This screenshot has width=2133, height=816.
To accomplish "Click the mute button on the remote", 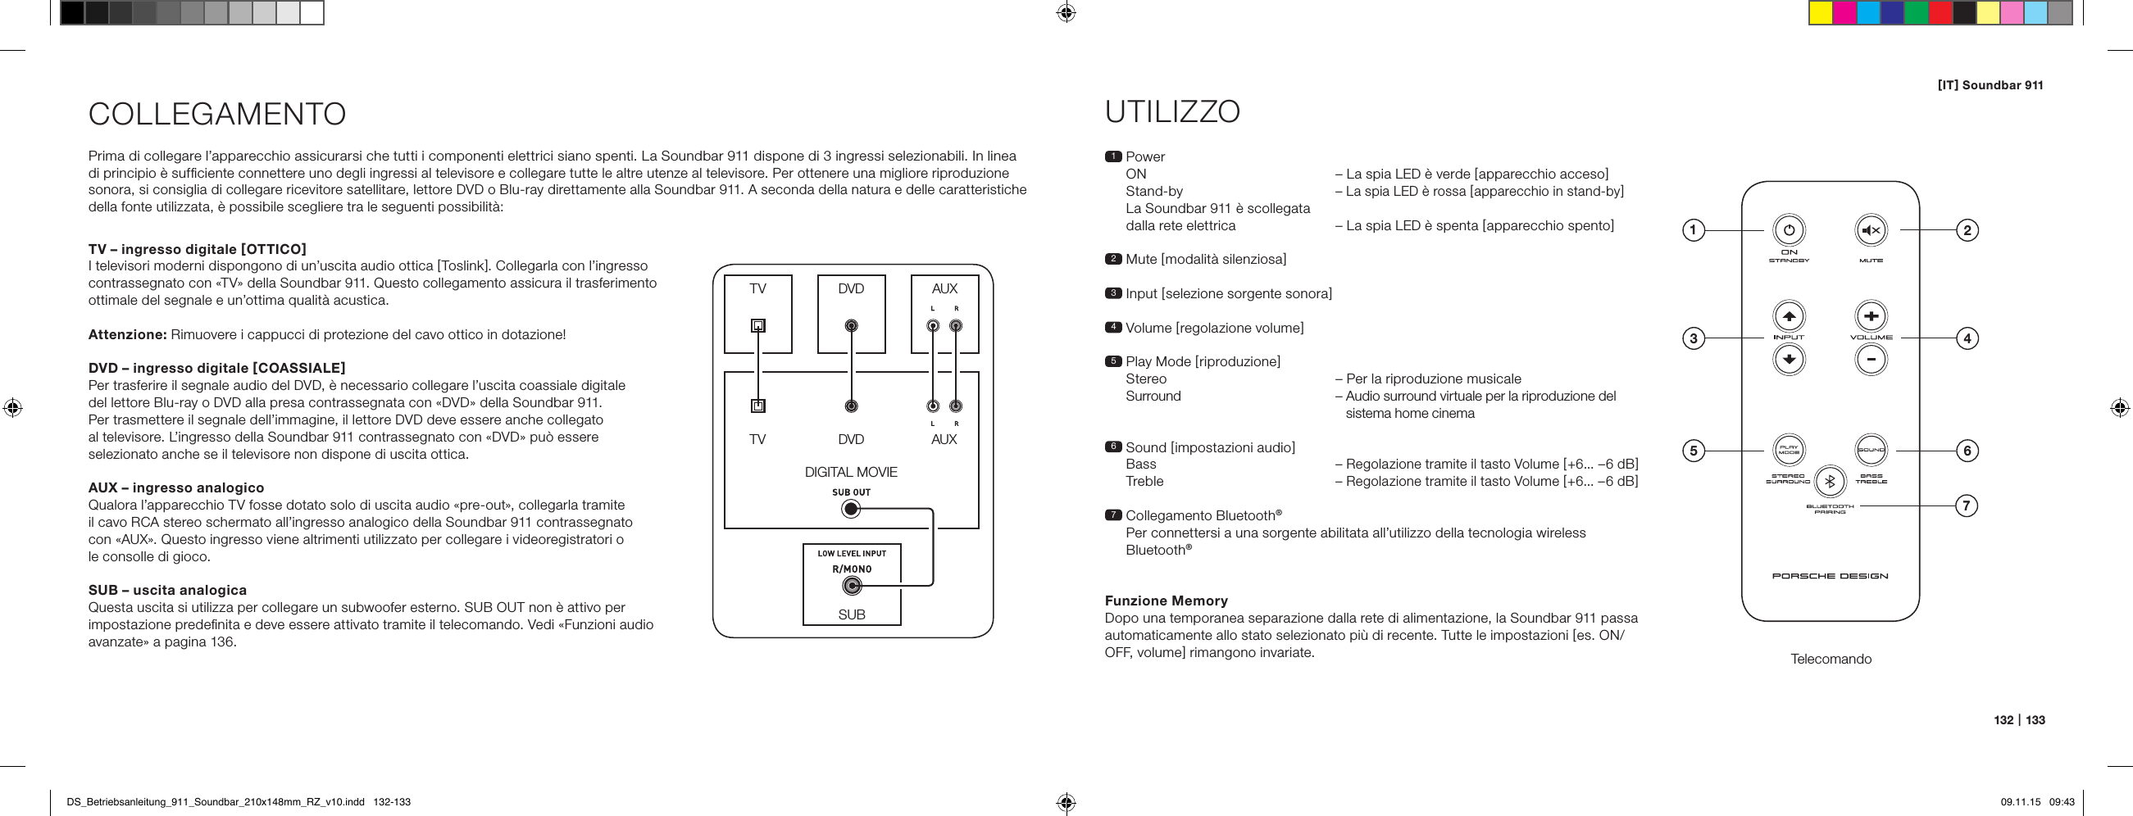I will point(1871,231).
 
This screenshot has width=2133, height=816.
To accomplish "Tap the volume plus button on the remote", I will point(1871,316).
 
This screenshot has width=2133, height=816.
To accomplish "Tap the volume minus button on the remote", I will point(1871,359).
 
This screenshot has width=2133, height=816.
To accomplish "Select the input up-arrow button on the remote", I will point(1789,316).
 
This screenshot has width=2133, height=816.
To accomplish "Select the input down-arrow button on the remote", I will point(1789,359).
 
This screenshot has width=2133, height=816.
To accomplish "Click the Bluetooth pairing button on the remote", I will point(1831,481).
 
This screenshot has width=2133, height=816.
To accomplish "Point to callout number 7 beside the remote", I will point(1967,505).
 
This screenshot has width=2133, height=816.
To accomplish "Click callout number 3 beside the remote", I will point(1694,338).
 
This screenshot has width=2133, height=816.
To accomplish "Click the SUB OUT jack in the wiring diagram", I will point(850,509).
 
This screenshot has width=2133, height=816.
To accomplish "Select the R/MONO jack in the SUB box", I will point(850,587).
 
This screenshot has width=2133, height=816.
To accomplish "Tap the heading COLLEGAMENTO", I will point(217,114).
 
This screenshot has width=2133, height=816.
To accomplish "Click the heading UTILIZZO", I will point(1172,111).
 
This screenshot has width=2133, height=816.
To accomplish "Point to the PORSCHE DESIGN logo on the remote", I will point(1830,576).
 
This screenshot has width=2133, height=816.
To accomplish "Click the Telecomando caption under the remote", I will point(1831,659).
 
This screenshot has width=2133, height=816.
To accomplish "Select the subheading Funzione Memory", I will point(1166,601).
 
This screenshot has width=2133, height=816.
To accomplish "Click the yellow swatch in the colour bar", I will point(1820,13).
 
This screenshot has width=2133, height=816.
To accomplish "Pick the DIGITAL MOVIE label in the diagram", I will point(850,472).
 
